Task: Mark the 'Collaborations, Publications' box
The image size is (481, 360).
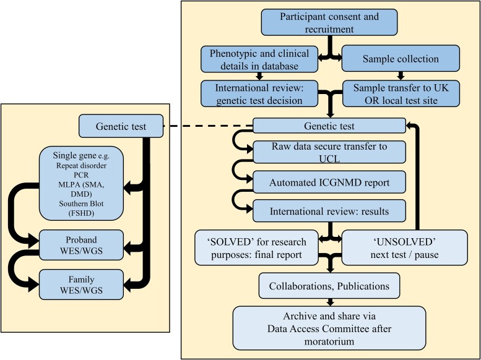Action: point(330,286)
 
